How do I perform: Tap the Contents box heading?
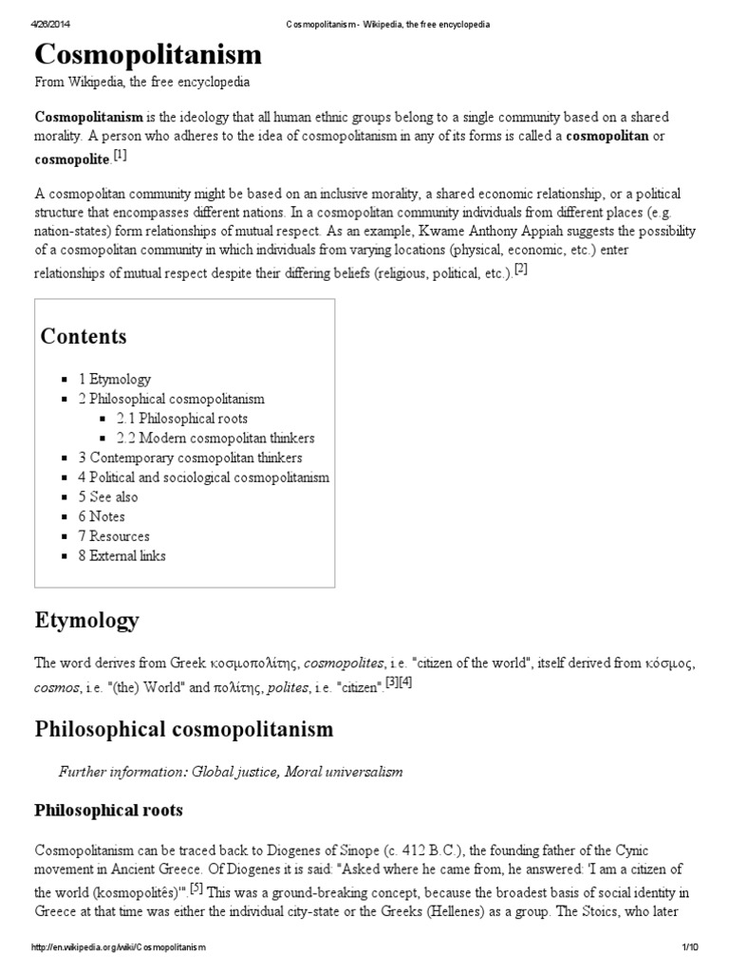coord(84,337)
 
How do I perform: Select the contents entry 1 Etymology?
coord(115,379)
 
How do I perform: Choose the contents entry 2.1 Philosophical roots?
coord(182,419)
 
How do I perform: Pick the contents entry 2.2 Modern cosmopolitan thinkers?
coord(215,439)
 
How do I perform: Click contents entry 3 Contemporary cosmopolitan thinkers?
coord(183,458)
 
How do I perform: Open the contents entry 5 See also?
coord(108,496)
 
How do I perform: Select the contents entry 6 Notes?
coord(103,516)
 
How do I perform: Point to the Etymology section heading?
coord(86,622)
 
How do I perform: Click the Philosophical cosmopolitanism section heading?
coord(184,729)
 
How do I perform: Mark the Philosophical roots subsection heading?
coord(108,811)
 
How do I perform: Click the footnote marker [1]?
coord(120,156)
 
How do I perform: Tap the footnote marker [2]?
coord(520,270)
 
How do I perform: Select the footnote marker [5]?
coord(196,888)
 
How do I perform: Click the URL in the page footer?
coord(118,947)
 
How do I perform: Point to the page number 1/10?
coord(689,947)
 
